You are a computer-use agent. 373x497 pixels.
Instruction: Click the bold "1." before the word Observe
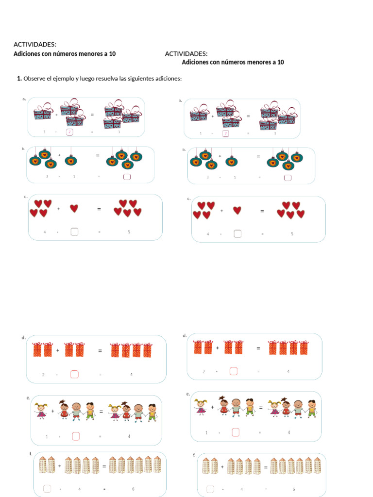pos(19,78)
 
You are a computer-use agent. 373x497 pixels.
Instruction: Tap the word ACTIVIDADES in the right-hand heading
pos(186,53)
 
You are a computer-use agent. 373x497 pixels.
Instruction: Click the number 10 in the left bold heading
pos(112,54)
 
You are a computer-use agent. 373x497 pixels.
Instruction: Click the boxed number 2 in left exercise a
pos(69,132)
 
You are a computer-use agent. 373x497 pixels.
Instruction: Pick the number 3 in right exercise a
pos(275,133)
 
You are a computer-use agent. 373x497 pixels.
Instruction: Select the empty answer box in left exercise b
pos(127,176)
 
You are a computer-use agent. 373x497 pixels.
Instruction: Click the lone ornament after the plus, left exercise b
pos(71,160)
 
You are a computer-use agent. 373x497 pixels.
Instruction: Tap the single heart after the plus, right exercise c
pos(237,210)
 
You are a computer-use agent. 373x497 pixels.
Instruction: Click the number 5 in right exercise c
pos(292,234)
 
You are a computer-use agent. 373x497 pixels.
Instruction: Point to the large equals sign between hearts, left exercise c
pos(99,209)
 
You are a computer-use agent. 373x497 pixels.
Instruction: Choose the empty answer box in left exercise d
pos(74,374)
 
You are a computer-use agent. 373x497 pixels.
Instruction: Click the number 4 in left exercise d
pos(131,374)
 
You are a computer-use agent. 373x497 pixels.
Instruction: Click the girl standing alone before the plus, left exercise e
pos(41,411)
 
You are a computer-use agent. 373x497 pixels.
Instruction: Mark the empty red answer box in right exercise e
pos(236,432)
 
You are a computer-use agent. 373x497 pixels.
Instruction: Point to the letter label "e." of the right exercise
pos(187,394)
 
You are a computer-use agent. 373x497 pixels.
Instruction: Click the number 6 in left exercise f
pos(133,489)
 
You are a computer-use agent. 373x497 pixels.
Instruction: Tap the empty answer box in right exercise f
pos(210,489)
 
